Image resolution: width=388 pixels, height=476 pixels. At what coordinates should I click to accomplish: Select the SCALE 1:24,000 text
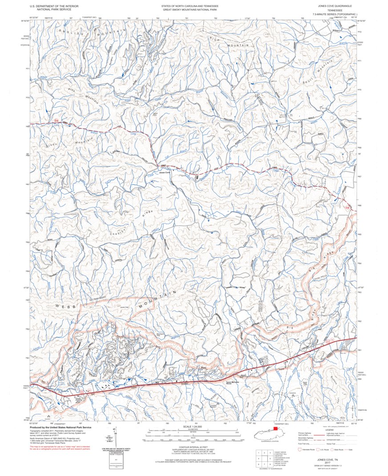pyautogui.click(x=193, y=426)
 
